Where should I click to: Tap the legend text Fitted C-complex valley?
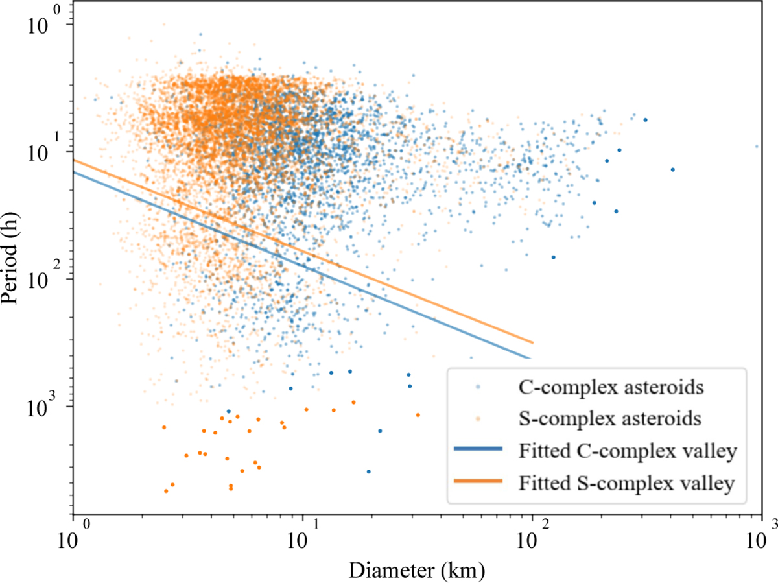(628, 451)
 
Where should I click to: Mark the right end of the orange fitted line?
(533, 342)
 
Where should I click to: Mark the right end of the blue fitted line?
(530, 358)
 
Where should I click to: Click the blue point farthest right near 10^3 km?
(757, 146)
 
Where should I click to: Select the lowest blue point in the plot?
(368, 471)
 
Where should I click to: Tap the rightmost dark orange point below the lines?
(418, 415)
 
